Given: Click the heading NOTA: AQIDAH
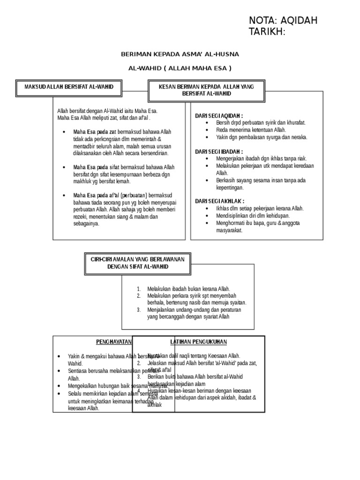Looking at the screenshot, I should point(283,20).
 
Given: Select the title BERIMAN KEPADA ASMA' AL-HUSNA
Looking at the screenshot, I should point(180,54).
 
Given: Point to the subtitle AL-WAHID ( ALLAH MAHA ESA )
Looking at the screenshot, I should point(180,68).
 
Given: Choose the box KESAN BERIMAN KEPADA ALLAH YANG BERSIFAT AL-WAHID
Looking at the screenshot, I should point(206,90).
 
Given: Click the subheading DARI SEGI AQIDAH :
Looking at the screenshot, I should point(219,115).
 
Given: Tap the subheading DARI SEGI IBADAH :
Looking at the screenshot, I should point(219,151).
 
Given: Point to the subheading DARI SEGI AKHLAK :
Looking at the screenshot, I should point(219,201).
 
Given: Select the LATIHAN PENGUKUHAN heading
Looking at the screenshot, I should point(198,342).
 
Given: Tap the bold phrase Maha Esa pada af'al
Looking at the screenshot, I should point(96,195).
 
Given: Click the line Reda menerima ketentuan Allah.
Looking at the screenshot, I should point(251,130).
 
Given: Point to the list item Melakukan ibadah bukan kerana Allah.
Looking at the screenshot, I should point(188,289).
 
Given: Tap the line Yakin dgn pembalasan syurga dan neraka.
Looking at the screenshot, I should point(262,137).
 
